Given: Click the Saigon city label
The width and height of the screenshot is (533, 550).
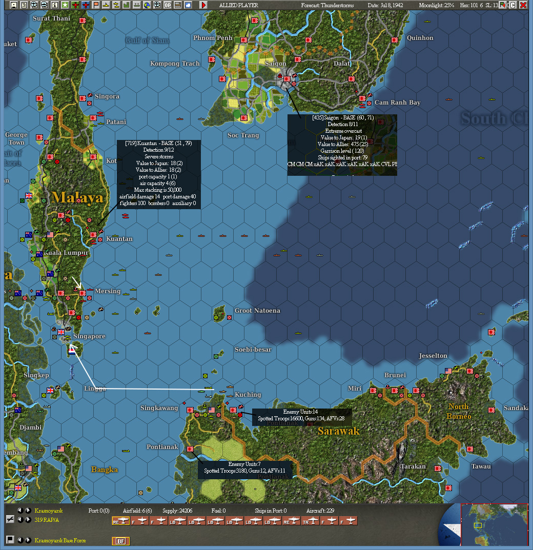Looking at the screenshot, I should (276, 64).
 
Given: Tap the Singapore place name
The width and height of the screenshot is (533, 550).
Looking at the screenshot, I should (89, 336).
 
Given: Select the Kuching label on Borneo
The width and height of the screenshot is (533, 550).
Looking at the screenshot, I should (248, 395).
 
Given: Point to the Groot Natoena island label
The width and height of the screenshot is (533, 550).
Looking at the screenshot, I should (257, 311).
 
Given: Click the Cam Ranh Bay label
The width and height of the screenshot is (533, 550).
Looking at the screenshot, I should (397, 103).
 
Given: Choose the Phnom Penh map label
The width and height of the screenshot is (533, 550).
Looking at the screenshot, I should (213, 38).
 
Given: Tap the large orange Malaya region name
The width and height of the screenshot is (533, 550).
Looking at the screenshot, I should (77, 197).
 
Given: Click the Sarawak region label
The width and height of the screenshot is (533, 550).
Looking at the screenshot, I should (338, 431).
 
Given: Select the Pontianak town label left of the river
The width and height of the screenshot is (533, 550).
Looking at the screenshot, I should (162, 447).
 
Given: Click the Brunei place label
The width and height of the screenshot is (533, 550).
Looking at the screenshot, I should (395, 375).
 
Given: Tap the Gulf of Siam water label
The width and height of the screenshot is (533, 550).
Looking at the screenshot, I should (148, 40).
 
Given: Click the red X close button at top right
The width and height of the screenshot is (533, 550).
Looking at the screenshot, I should (523, 5).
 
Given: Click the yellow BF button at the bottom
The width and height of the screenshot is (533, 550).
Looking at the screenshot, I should (121, 541).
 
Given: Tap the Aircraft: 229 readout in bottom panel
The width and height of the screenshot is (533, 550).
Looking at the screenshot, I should (320, 511).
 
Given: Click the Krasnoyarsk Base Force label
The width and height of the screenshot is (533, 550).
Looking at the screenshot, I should (60, 541).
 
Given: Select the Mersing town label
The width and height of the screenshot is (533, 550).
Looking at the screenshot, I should (108, 291).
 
